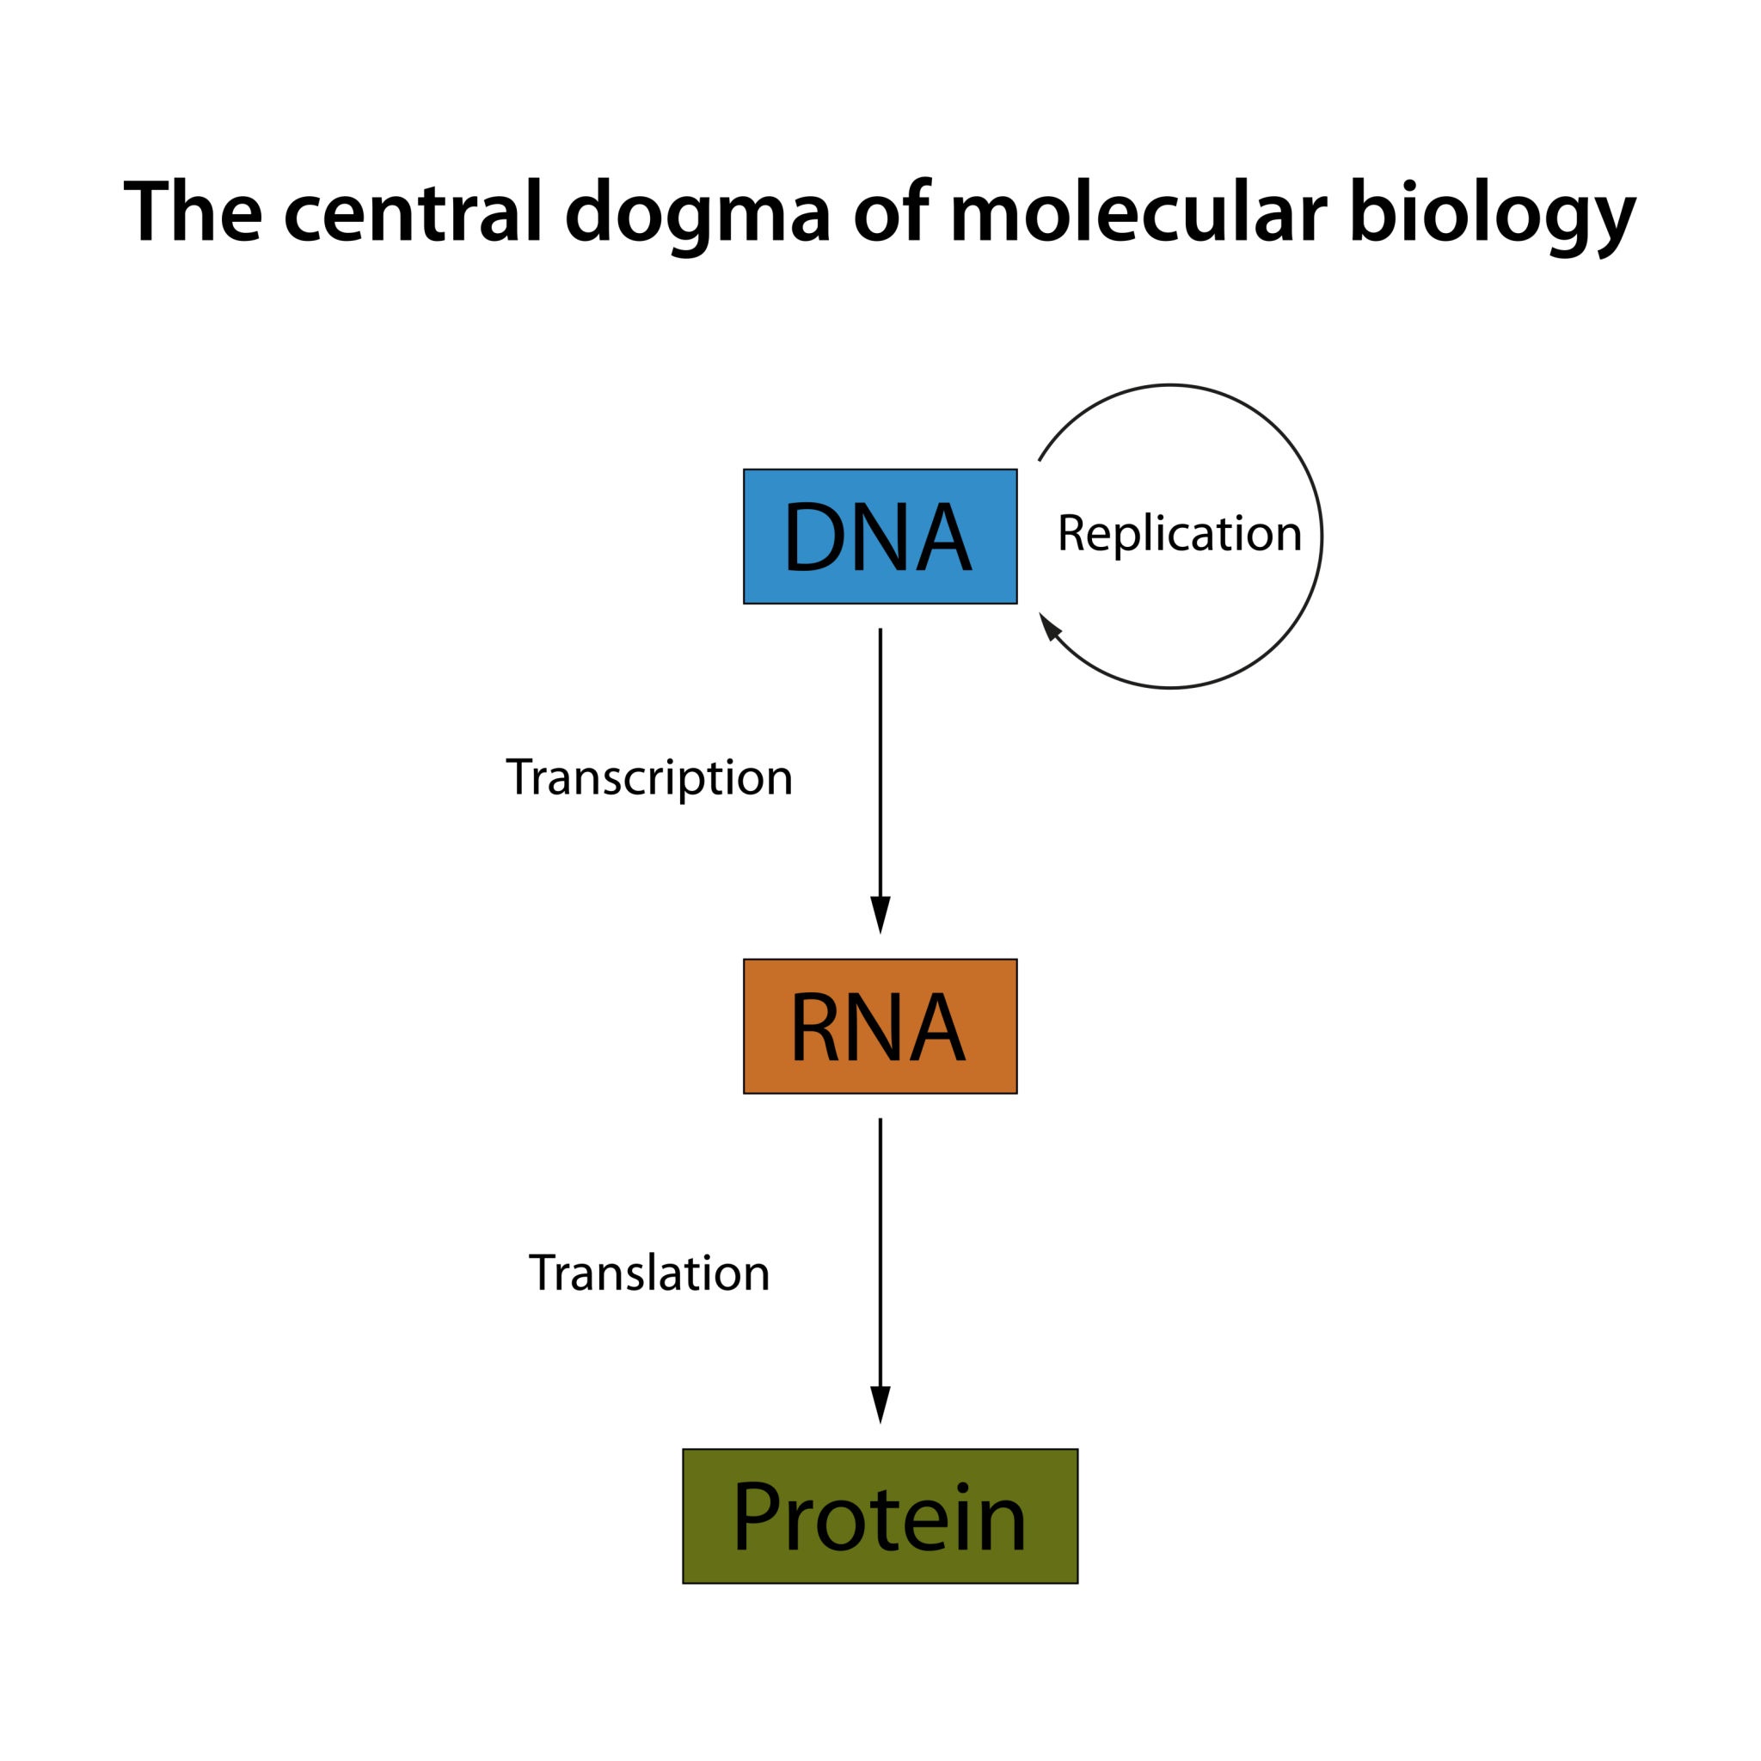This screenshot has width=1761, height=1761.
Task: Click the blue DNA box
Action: click(880, 536)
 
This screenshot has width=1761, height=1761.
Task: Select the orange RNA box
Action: click(880, 1026)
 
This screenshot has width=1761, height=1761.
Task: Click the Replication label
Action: click(1179, 533)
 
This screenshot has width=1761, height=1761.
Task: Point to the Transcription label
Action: click(649, 777)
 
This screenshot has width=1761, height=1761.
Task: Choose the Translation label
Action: click(649, 1273)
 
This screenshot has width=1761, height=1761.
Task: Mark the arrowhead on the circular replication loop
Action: click(1050, 626)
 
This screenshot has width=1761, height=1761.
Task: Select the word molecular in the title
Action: click(1138, 212)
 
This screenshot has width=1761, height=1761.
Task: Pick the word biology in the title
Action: click(1492, 214)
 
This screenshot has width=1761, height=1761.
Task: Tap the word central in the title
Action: click(413, 212)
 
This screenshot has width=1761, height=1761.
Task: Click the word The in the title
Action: click(193, 212)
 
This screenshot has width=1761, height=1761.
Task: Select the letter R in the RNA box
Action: click(814, 1028)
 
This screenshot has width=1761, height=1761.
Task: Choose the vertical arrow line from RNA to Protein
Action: click(880, 1249)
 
